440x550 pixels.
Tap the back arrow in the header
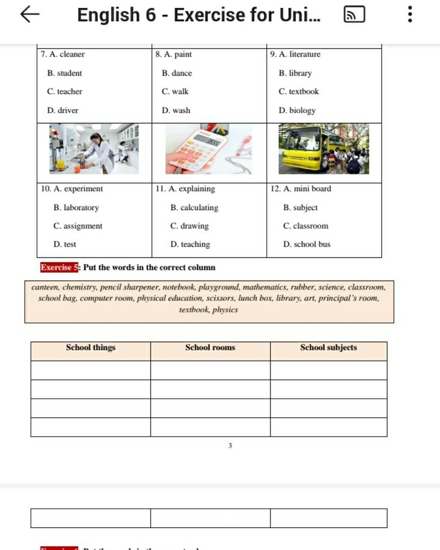coord(30,14)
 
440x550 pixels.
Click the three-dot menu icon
coord(410,14)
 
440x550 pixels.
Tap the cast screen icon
coord(354,14)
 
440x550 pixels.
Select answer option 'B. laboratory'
coord(76,208)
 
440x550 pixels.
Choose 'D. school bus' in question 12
coord(306,244)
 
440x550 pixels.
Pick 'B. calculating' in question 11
coord(194,208)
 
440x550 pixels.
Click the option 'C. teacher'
coord(64,92)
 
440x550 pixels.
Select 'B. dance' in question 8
coord(177,73)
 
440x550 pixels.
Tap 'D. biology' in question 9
coord(297,110)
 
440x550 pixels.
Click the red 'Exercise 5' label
coord(59,267)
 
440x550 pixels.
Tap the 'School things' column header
coord(91,348)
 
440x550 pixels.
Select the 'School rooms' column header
coord(210,348)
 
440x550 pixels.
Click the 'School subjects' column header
coord(328,348)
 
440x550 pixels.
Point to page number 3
coord(230,446)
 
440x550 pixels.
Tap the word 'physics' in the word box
coord(225,310)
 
